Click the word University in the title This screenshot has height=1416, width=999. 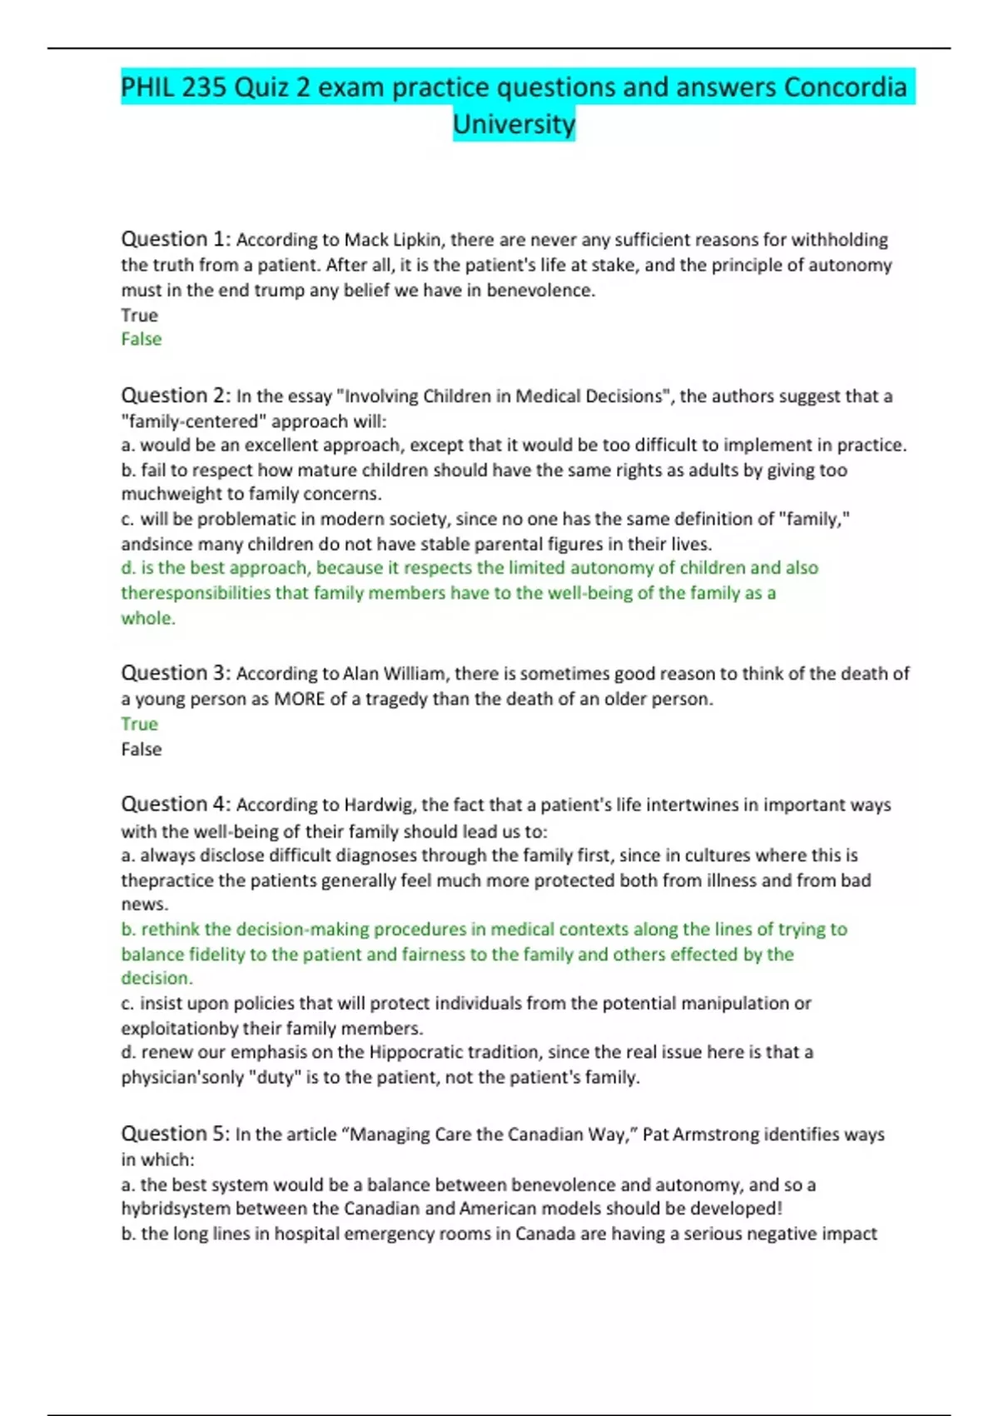[514, 124]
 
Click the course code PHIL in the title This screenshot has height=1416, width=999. [147, 87]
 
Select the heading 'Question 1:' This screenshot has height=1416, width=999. [176, 239]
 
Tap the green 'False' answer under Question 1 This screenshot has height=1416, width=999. [142, 339]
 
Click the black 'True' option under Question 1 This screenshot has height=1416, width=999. [139, 315]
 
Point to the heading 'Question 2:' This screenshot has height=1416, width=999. [176, 396]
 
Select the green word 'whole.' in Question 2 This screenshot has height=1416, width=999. [148, 618]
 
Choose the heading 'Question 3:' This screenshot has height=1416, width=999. [176, 673]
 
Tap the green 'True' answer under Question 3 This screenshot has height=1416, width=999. [139, 724]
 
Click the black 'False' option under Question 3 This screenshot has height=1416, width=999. [142, 749]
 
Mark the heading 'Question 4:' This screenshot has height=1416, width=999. [176, 805]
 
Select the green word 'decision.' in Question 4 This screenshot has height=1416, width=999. [157, 978]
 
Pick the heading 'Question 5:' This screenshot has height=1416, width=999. [176, 1134]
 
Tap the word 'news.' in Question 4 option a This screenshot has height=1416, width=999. [145, 905]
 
